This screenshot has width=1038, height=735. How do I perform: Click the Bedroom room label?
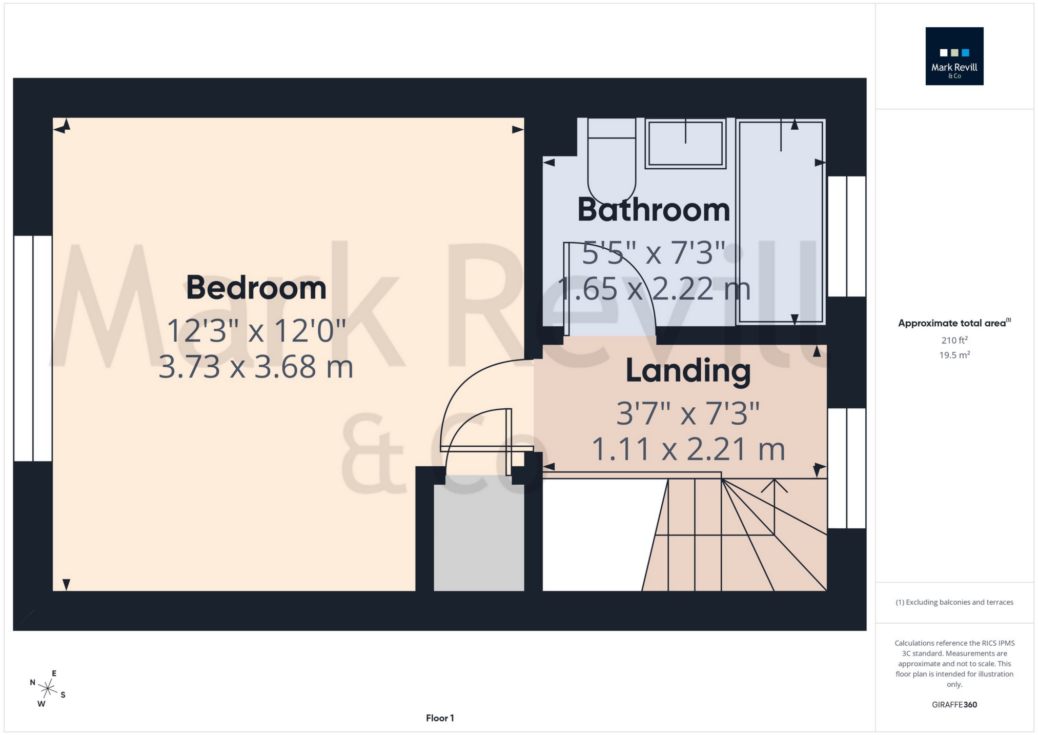tap(256, 288)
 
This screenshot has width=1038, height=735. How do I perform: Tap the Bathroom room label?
tap(654, 210)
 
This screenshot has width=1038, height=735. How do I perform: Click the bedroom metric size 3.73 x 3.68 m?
tap(256, 367)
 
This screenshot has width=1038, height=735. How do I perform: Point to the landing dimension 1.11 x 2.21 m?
tap(688, 449)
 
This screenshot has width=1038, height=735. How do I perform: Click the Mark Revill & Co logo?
tap(954, 56)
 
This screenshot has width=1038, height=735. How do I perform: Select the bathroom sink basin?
tap(685, 143)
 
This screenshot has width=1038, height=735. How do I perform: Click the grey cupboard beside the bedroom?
tap(479, 533)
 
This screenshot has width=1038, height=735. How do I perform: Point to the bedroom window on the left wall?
tap(33, 348)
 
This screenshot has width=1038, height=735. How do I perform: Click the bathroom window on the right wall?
tap(846, 236)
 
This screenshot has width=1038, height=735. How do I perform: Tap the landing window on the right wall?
tap(846, 468)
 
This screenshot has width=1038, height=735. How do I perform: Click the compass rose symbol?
tap(48, 688)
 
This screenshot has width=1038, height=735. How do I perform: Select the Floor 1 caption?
tap(440, 718)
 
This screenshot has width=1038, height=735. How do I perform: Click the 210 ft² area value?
tap(954, 340)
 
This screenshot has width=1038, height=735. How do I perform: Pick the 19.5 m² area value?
tap(954, 355)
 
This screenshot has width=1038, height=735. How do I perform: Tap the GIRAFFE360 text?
tap(954, 705)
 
